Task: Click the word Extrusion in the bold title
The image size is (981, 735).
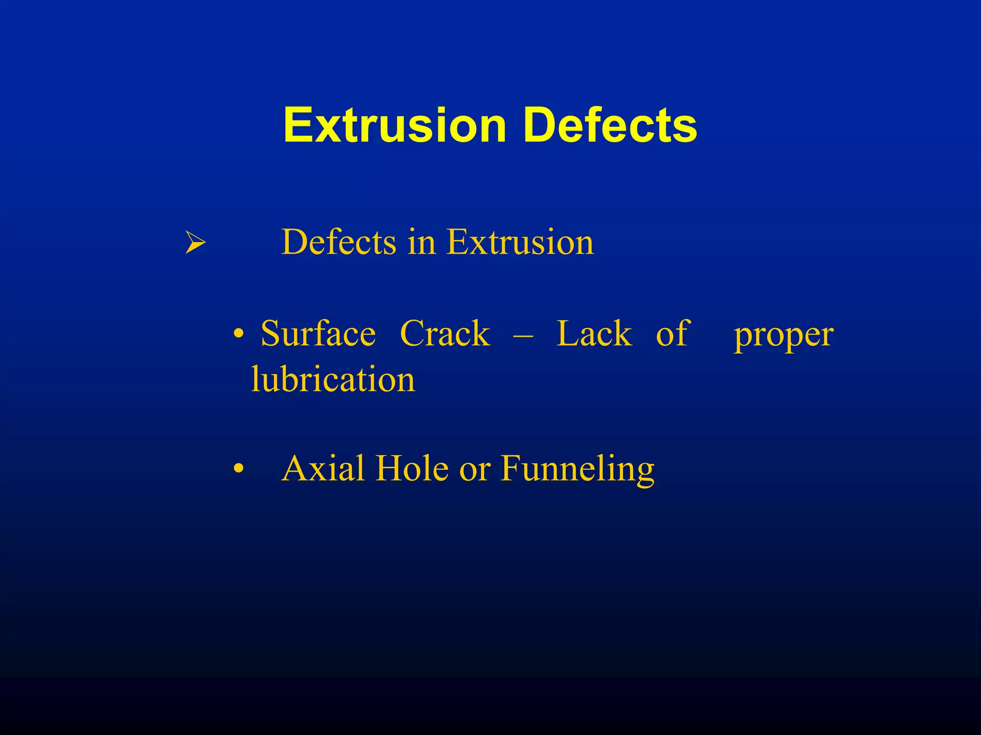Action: click(395, 125)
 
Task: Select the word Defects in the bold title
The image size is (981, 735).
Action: click(610, 125)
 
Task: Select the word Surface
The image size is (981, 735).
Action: click(318, 333)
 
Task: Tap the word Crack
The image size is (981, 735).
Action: click(445, 333)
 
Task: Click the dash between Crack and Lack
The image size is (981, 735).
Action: click(523, 335)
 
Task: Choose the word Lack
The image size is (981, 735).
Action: click(594, 333)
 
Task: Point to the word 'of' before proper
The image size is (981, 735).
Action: click(673, 333)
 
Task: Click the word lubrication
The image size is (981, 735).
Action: click(333, 379)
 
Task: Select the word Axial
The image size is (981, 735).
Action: click(323, 468)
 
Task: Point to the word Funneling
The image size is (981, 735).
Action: click(578, 469)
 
